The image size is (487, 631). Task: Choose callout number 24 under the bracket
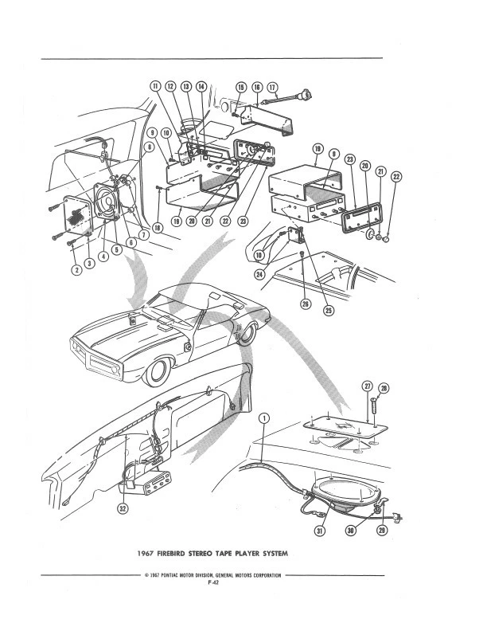click(259, 276)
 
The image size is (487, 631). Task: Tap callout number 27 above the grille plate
click(368, 386)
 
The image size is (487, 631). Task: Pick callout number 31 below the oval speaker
click(321, 531)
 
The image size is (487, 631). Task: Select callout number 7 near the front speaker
click(144, 234)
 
